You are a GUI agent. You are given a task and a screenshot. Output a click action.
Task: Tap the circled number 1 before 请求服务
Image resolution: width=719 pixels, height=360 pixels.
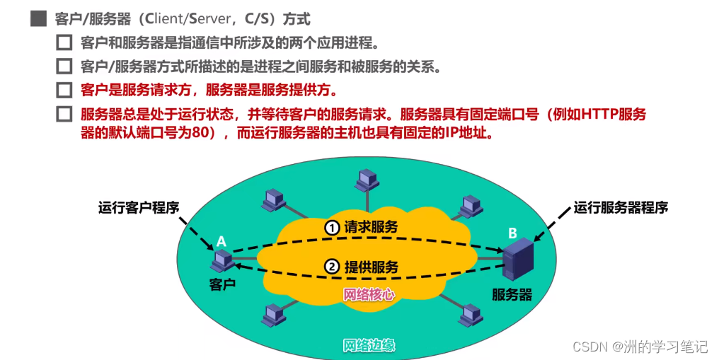click(333, 228)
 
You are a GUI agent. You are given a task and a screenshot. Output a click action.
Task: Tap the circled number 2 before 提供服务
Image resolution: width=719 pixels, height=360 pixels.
click(333, 267)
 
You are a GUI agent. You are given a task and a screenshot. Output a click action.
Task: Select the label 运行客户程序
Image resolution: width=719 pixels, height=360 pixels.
click(139, 208)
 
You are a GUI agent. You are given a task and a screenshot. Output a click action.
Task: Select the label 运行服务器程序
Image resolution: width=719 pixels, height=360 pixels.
click(621, 208)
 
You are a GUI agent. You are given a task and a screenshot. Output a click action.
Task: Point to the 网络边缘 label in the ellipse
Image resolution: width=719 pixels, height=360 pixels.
click(369, 346)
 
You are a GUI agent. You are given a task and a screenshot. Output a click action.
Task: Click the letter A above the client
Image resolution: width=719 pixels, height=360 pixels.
click(221, 242)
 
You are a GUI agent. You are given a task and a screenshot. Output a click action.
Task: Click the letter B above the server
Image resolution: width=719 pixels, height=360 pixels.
click(512, 233)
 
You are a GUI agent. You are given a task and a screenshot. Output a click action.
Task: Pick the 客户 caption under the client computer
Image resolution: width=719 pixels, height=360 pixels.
click(222, 284)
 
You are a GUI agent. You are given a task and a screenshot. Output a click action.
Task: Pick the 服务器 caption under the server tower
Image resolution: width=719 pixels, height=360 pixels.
click(512, 294)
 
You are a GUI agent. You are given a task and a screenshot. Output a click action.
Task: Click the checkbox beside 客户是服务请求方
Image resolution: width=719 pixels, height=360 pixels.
click(64, 90)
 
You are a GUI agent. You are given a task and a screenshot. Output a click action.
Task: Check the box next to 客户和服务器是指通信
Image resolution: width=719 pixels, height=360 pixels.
click(64, 42)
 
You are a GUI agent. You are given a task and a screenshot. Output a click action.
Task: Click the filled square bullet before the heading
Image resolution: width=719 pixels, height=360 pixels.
click(38, 19)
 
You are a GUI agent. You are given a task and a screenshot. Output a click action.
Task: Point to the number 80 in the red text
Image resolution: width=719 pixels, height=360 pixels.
click(198, 133)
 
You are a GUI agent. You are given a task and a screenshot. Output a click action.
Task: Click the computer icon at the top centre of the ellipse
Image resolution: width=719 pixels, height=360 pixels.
click(366, 180)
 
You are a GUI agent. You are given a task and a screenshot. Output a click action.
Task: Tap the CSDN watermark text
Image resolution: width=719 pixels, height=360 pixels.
click(590, 347)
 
